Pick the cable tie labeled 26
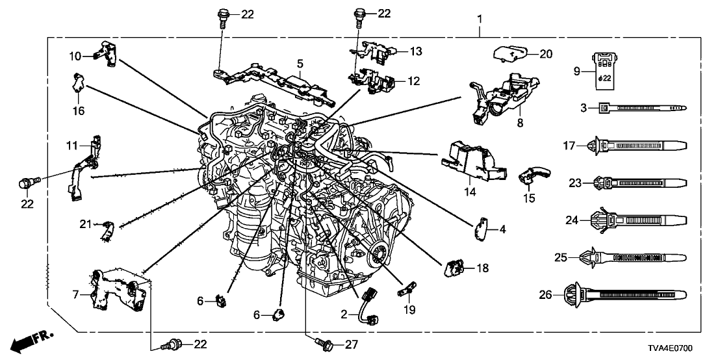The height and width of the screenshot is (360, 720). (x=630, y=296)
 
